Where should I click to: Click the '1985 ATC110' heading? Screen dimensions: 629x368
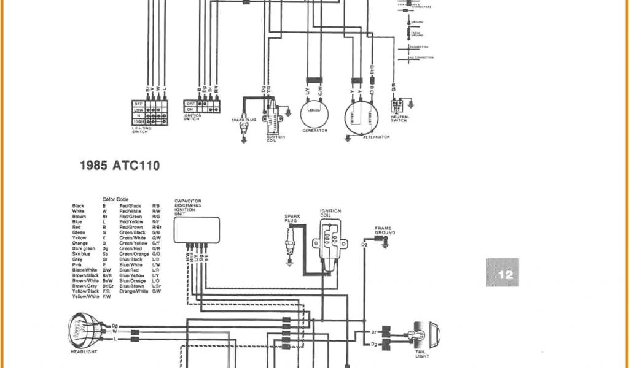[x=120, y=165]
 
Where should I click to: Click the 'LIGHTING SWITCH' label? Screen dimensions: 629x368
[x=141, y=130]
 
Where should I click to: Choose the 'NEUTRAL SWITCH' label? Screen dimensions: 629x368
[x=399, y=119]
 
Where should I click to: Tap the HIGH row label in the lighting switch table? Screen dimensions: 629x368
[x=139, y=121]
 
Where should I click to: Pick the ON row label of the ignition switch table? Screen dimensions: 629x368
[x=190, y=110]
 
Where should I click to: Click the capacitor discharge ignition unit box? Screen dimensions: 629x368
[x=197, y=229]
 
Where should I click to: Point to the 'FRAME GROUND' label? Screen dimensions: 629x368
[x=385, y=231]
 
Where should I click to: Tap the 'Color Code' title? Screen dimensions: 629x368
[x=115, y=199]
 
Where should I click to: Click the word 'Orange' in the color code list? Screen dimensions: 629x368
[x=79, y=243]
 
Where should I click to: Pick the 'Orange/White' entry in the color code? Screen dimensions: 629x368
[x=134, y=291]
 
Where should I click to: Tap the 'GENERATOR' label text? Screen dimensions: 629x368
[x=315, y=131]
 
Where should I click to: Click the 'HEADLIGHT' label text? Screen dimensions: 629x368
[x=83, y=352]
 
